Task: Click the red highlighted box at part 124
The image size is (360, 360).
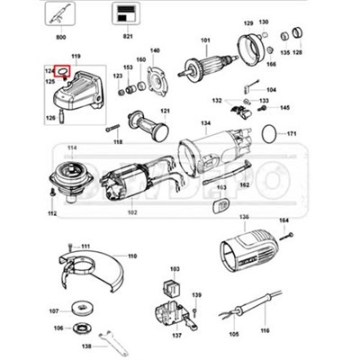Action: (x=64, y=71)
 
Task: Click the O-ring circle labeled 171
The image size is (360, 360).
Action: (x=266, y=133)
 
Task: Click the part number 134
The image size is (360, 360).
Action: (x=205, y=122)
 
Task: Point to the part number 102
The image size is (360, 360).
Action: (x=131, y=212)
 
